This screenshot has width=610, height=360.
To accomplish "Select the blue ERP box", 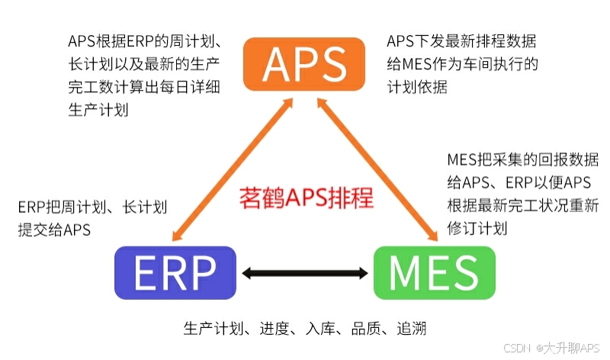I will pyautogui.click(x=175, y=272).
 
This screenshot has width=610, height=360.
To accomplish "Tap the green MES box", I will pyautogui.click(x=434, y=272).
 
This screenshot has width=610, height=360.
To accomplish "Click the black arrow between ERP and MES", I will pyautogui.click(x=305, y=272).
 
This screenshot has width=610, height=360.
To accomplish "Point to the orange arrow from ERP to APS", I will pyautogui.click(x=233, y=170).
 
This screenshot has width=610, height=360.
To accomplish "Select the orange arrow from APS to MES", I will pyautogui.click(x=378, y=170).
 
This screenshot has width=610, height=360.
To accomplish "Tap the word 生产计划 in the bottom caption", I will pyautogui.click(x=213, y=329).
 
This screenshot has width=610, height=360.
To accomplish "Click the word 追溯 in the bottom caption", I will pyautogui.click(x=411, y=329).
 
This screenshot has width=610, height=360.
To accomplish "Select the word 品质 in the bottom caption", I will pyautogui.click(x=365, y=329).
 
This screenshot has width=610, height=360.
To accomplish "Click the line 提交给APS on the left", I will pyautogui.click(x=54, y=230).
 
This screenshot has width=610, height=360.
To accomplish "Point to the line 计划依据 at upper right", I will pyautogui.click(x=417, y=88).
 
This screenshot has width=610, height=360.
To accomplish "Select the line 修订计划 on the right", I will pyautogui.click(x=477, y=228).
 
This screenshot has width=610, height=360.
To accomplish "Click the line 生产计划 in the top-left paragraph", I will pyautogui.click(x=98, y=110).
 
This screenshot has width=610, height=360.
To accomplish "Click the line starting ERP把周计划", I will pyautogui.click(x=92, y=207).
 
